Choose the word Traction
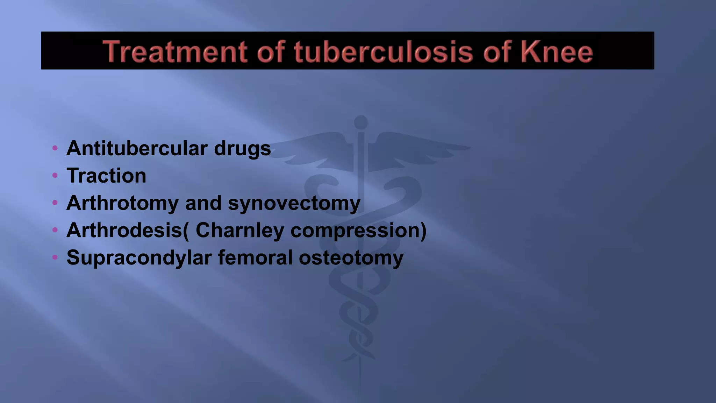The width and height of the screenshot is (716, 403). pyautogui.click(x=106, y=176)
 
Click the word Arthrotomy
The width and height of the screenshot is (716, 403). pyautogui.click(x=122, y=203)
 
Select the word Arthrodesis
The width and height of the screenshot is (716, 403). pyautogui.click(x=124, y=230)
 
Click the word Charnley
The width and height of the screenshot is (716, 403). pyautogui.click(x=240, y=230)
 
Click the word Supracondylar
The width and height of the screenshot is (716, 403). pyautogui.click(x=139, y=258)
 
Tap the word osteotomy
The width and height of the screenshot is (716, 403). pyautogui.click(x=351, y=258)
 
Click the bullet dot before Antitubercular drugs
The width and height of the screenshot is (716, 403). pyautogui.click(x=55, y=148)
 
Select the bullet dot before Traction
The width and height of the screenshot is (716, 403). pyautogui.click(x=55, y=175)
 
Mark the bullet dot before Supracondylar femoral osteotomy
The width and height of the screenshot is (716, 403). pyautogui.click(x=55, y=257)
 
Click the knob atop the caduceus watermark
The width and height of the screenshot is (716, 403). pyautogui.click(x=361, y=122)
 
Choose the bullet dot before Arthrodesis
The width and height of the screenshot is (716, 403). pyautogui.click(x=55, y=230)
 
